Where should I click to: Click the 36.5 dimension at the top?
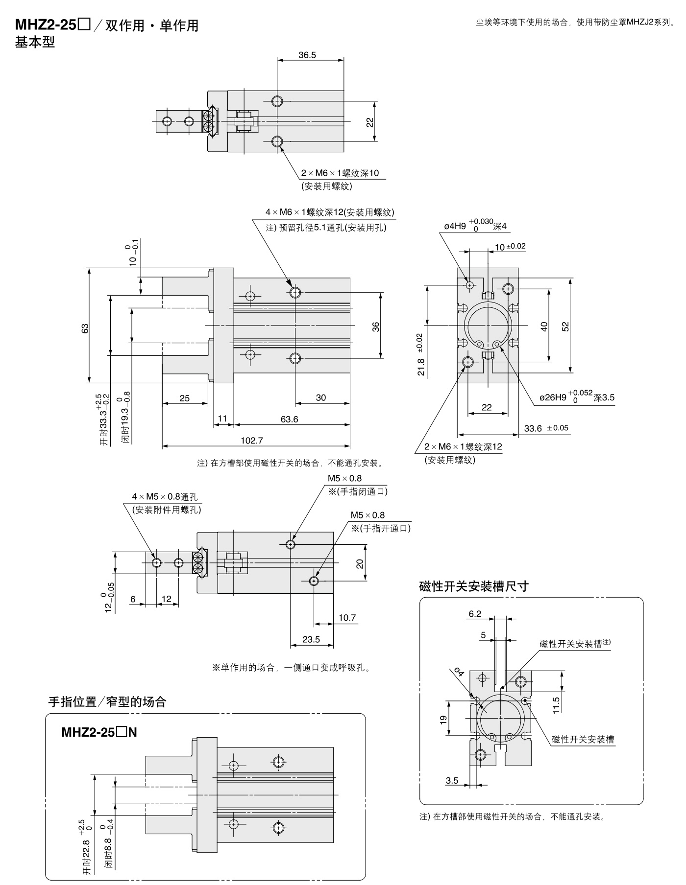coord(307,55)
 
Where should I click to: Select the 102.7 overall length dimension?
coord(252,441)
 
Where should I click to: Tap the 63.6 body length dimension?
coord(289,419)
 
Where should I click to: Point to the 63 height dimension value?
coord(85,328)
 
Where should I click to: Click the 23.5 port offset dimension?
coord(311,639)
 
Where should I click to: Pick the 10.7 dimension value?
coord(347,618)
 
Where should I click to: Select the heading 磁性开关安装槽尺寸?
coord(474,586)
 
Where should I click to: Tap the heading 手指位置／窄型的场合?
coord(107,702)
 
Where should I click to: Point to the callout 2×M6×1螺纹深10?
coord(340,173)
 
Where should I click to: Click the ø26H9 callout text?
coord(576,397)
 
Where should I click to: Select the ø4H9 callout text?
coord(475,226)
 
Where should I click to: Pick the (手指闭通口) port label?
coord(358,491)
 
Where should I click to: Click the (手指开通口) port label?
coord(381,528)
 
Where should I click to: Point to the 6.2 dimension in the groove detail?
coord(475,614)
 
